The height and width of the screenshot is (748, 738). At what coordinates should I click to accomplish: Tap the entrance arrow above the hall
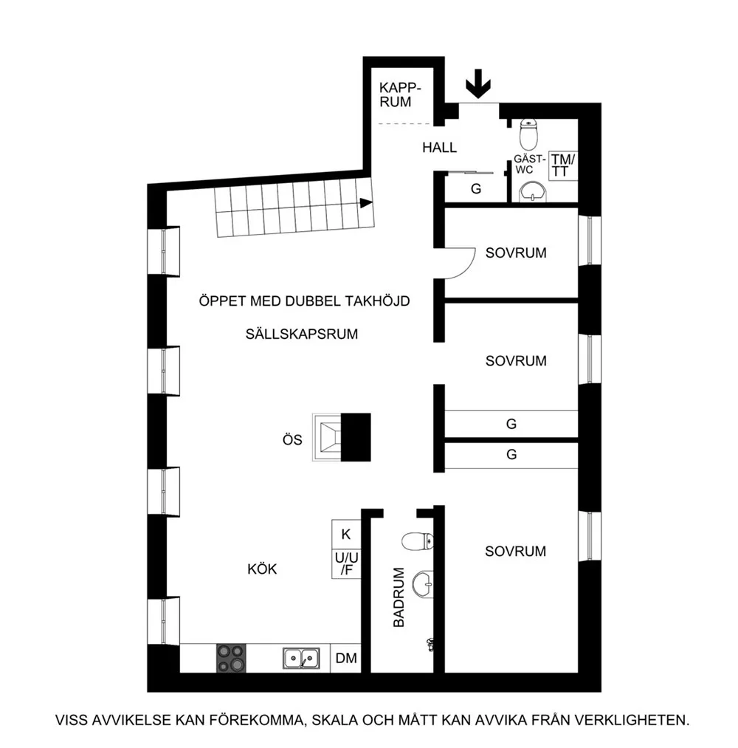[x=477, y=84]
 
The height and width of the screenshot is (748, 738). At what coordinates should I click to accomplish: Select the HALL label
[x=439, y=148]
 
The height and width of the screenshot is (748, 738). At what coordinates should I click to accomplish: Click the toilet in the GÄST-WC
[x=528, y=134]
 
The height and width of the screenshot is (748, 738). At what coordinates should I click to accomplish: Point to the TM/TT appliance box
[x=563, y=165]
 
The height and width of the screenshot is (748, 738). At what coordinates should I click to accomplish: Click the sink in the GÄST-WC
[x=533, y=192]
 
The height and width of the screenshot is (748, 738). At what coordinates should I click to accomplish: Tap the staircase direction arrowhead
[x=366, y=203]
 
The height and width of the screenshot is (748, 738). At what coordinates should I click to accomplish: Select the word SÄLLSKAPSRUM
[x=301, y=334]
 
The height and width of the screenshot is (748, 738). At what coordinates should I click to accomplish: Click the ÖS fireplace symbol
[x=342, y=437]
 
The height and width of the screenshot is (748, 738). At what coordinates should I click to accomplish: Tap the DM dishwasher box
[x=346, y=659]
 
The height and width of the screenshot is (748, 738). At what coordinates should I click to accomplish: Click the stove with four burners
[x=231, y=659]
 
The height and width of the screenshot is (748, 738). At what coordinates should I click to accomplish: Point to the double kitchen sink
[x=301, y=659]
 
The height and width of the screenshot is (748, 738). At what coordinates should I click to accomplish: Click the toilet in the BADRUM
[x=418, y=541]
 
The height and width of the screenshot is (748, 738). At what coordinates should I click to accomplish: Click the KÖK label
[x=262, y=569]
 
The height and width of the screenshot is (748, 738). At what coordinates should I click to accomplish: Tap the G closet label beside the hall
[x=476, y=189]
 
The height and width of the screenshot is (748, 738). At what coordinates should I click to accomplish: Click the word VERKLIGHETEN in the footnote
[x=631, y=720]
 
